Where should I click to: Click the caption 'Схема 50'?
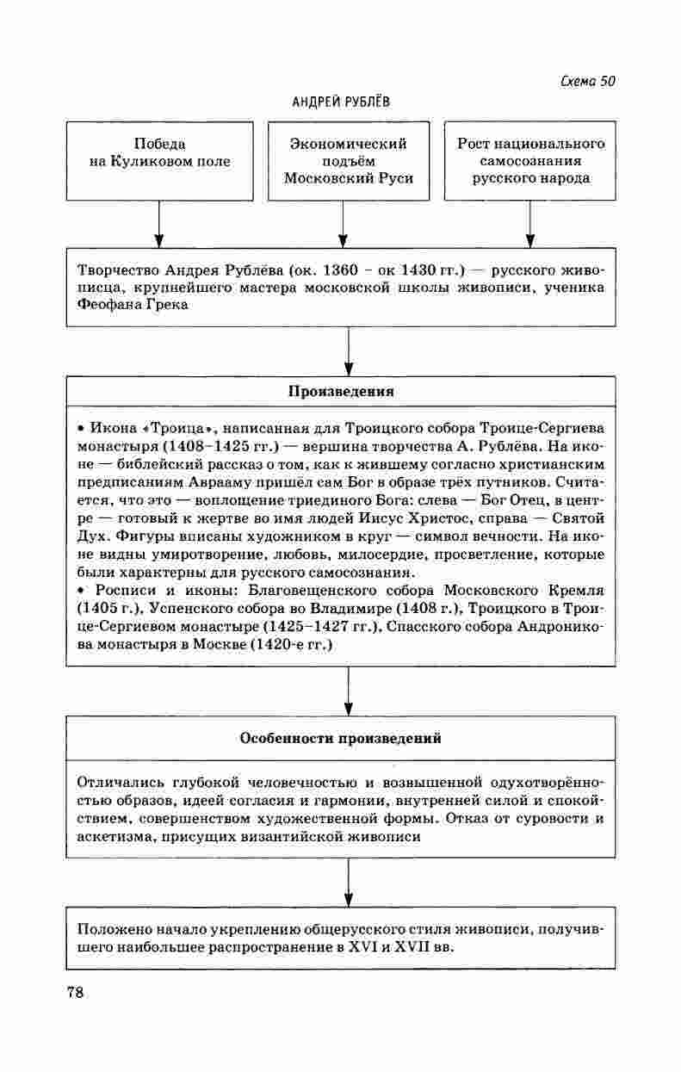coord(587,82)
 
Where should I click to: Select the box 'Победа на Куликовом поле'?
coord(159,161)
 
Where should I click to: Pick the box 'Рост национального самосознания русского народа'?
coord(530,161)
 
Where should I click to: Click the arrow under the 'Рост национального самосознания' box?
coord(530,224)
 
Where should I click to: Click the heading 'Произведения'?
coord(341,392)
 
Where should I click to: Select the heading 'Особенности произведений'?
coord(341,738)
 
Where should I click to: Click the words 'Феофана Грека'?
coord(131,305)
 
